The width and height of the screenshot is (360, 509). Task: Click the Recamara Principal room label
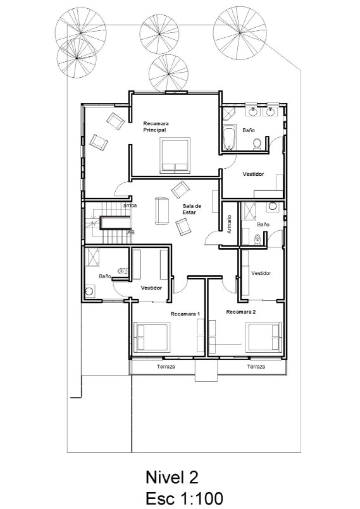155,126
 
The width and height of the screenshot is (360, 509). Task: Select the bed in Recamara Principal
175,156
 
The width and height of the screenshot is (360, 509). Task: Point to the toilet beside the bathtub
257,144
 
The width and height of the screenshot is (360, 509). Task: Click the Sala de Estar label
192,209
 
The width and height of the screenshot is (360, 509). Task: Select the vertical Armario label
229,224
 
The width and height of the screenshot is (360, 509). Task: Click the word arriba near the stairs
131,205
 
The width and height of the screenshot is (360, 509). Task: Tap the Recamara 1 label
185,314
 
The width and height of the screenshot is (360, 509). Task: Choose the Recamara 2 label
241,312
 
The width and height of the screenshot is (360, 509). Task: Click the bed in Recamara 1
151,337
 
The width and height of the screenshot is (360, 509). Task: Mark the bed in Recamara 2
264,336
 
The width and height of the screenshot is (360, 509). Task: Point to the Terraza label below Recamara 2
256,367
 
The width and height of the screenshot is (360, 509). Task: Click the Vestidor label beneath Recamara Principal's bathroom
253,174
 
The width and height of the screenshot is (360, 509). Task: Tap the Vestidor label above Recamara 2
261,273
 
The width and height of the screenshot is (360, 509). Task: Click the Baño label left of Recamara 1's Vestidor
105,276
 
